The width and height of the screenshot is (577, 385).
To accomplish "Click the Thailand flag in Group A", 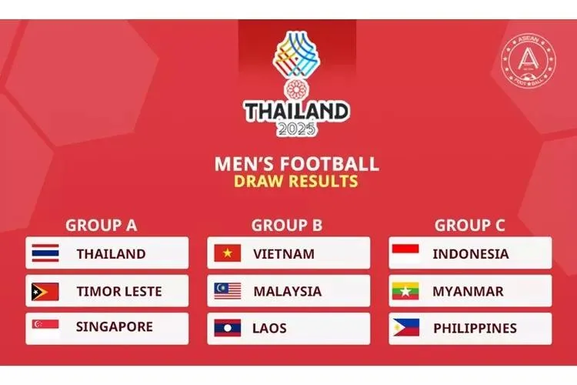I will (45, 253).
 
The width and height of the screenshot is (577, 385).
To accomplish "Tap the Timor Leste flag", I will (45, 291).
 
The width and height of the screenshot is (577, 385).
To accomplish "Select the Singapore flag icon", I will (45, 327).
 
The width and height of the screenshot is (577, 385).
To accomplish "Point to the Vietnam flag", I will (228, 253).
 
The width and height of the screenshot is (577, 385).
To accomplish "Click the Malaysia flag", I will (228, 291).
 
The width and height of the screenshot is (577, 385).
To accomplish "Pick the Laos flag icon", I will (228, 328).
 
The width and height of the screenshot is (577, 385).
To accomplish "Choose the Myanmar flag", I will (405, 291).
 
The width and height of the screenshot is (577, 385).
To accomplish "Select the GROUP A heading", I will (101, 226).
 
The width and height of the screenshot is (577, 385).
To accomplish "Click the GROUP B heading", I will (286, 226).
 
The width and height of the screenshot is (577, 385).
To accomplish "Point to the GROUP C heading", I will (469, 226).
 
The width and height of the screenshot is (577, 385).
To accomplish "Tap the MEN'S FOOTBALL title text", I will (297, 163).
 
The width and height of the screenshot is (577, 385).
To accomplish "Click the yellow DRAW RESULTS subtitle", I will (296, 182).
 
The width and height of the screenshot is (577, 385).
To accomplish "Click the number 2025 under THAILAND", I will (296, 129).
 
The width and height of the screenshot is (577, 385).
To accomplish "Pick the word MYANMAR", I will (468, 291).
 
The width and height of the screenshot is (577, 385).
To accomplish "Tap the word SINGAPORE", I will (114, 327).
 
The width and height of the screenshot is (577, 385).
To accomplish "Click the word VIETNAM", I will (284, 253).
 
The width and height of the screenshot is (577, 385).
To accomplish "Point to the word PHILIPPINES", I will (475, 328).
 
